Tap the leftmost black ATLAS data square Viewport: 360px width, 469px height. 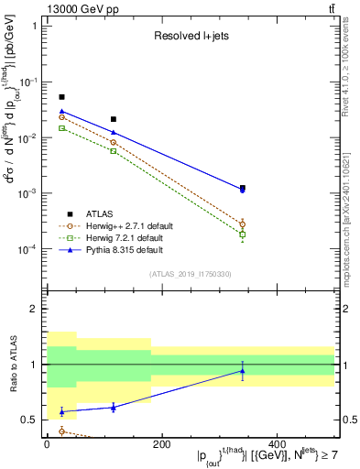pos(61,97)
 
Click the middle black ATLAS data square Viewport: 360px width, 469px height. pos(114,119)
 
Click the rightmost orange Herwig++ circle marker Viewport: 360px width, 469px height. pos(243,224)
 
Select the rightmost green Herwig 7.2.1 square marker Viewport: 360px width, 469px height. pos(243,235)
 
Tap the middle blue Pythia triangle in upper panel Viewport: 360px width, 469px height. pos(114,133)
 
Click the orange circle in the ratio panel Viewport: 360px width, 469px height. pos(61,431)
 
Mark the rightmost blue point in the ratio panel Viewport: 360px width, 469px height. pos(243,371)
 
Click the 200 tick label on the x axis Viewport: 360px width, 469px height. pos(161,444)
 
